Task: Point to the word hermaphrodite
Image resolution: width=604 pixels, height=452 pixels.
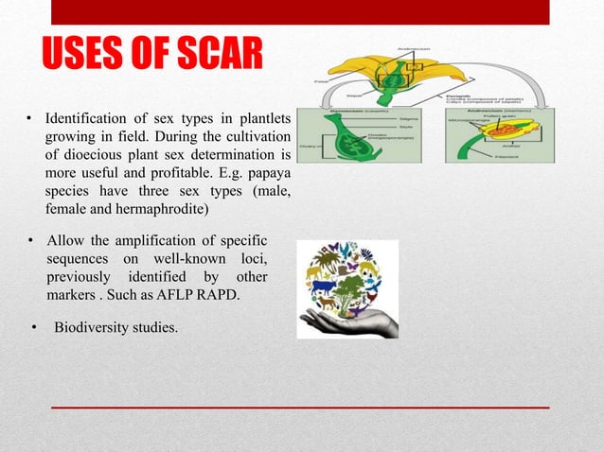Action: click(164, 208)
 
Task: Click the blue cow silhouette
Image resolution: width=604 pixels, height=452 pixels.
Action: click(322, 287)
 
